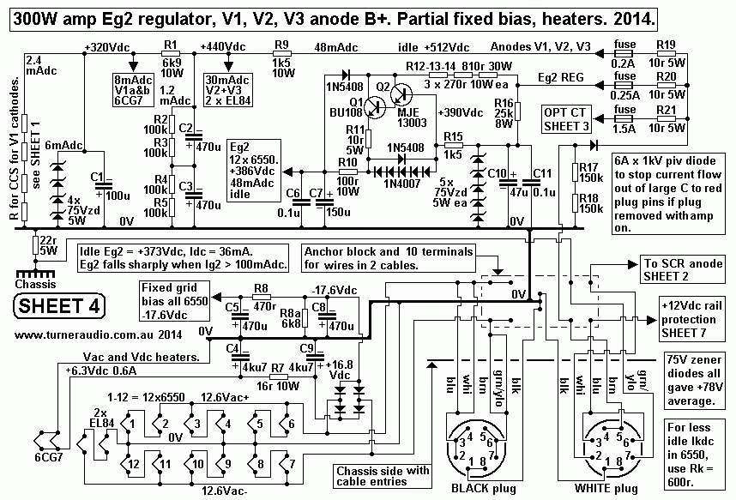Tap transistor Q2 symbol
pos(403,96)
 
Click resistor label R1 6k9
pos(171,54)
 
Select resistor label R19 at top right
pos(667,44)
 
